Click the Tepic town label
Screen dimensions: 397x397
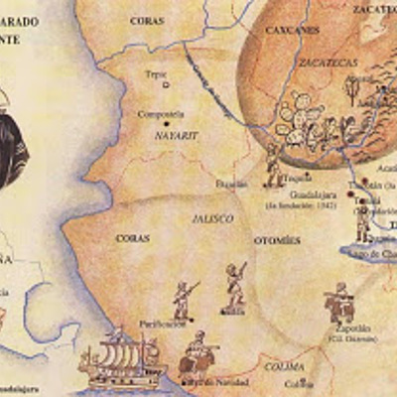tap(154, 73)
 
